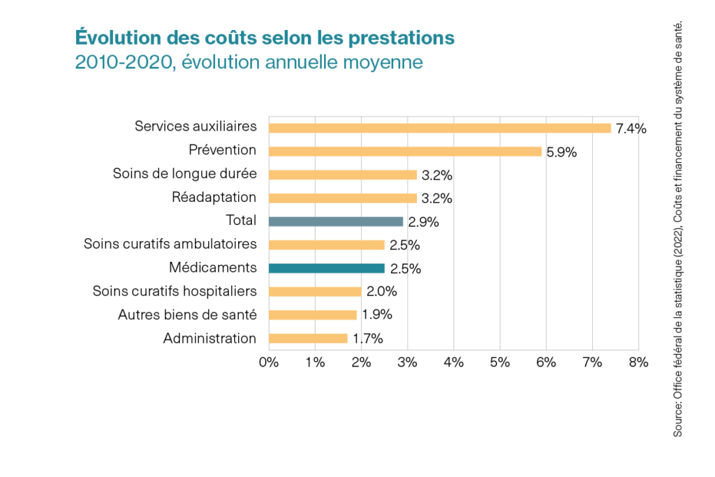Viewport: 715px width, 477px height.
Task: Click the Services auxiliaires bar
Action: click(440, 128)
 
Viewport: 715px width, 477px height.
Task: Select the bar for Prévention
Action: click(405, 152)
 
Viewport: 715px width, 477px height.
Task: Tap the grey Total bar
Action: click(336, 221)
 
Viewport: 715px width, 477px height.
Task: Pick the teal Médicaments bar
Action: click(327, 268)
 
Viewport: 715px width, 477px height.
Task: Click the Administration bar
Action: click(308, 338)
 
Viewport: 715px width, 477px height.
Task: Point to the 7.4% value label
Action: click(631, 129)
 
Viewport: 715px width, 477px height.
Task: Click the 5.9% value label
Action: click(561, 152)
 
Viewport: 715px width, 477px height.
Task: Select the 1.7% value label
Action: click(367, 339)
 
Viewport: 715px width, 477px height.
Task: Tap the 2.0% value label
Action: click(381, 291)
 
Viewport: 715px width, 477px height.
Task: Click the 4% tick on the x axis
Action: click(454, 362)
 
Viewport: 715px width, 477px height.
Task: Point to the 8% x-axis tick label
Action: click(638, 362)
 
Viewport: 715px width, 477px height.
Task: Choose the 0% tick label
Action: click(269, 362)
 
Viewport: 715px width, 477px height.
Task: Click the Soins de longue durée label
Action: click(184, 174)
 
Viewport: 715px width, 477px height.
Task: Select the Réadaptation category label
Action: click(214, 197)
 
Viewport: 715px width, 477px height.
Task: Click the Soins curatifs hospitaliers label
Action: click(175, 291)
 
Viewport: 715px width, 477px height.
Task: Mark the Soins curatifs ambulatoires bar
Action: click(327, 244)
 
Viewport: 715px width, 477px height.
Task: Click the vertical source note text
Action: click(677, 230)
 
